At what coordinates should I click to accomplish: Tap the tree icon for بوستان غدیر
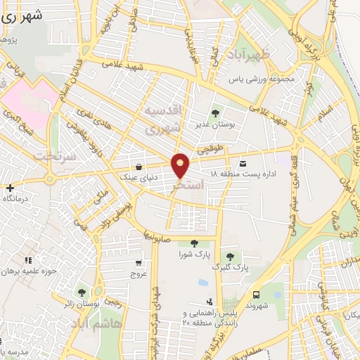pos(215,112)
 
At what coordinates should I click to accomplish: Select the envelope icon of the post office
pos(243,162)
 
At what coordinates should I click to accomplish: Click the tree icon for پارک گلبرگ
pos(229,256)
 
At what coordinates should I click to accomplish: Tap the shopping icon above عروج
pos(139,264)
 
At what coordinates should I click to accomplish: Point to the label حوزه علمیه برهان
pos(29,271)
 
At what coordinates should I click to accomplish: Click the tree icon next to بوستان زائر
pos(82,292)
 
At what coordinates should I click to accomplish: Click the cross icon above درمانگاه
pos(11,188)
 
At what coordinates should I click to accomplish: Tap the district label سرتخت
pos(55,155)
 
